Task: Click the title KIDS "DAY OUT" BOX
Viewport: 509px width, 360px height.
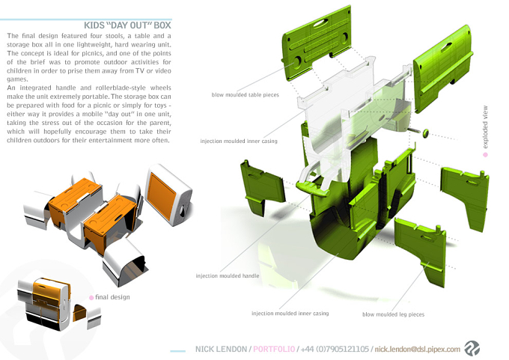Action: (x=127, y=25)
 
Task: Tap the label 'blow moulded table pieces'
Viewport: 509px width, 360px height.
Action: (x=245, y=95)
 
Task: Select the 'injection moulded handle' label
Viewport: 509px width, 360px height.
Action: (x=228, y=275)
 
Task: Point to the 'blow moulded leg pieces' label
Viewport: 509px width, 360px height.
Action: (x=393, y=314)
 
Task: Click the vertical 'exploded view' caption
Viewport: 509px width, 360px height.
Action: (x=485, y=127)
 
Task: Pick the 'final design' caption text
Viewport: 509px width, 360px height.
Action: (x=112, y=297)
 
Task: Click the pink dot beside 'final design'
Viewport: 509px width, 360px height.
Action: (x=91, y=298)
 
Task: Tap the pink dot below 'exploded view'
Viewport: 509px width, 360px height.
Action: (x=485, y=155)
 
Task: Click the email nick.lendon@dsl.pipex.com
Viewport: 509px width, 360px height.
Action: (x=418, y=350)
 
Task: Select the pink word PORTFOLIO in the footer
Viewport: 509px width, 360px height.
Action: (x=274, y=350)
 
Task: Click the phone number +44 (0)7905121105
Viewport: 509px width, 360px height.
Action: (x=335, y=350)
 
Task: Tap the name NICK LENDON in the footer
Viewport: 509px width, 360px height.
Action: (x=221, y=350)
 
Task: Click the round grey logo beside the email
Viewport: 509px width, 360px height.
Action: (x=472, y=348)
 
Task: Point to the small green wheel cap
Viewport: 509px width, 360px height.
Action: (x=425, y=132)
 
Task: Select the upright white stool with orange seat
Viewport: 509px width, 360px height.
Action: (x=169, y=195)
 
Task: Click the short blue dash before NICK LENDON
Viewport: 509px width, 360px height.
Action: (x=178, y=351)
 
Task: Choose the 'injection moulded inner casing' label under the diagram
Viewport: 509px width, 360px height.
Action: (x=290, y=314)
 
